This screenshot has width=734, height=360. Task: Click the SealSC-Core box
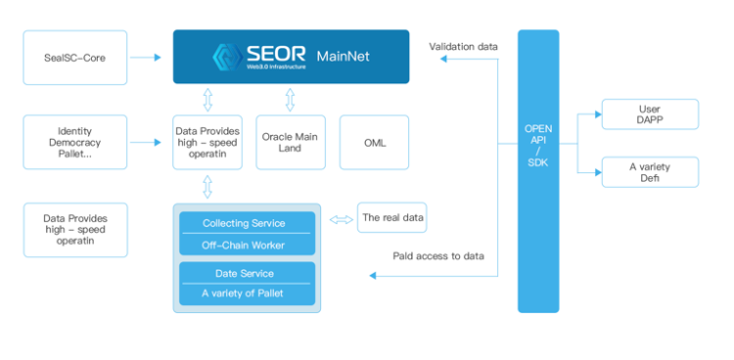coord(74,58)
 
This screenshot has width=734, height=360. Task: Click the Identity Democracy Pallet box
coord(74,142)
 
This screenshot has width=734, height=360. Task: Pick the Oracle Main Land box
coord(290,142)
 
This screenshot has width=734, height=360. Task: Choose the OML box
coord(374,142)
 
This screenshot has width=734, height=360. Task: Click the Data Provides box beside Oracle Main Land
coord(206,142)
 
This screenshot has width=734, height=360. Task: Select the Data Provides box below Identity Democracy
coord(74,229)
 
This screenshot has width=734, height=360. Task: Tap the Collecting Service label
coord(246,223)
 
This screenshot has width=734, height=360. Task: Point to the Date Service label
coord(246,273)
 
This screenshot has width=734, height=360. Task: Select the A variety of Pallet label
coord(246,293)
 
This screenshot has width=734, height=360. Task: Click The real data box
coord(392,217)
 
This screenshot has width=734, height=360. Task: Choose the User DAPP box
coord(650,114)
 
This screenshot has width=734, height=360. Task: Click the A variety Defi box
coord(650,172)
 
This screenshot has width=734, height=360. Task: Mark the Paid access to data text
coord(437,256)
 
